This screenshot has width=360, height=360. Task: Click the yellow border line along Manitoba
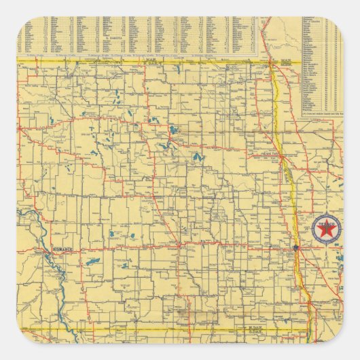pyautogui.click(x=136, y=61)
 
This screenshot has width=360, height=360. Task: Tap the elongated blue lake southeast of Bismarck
pyautogui.click(x=94, y=260)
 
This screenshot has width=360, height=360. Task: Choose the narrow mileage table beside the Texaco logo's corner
pyautogui.click(x=321, y=65)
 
